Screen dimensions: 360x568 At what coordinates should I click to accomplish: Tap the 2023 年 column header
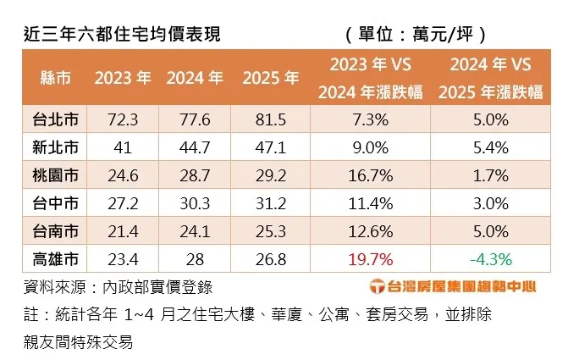tap(123, 78)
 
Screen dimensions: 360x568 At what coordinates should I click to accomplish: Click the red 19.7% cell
tap(370, 259)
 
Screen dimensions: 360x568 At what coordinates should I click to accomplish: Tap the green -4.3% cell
tap(492, 259)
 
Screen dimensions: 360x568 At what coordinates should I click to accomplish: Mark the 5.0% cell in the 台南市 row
tap(492, 230)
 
